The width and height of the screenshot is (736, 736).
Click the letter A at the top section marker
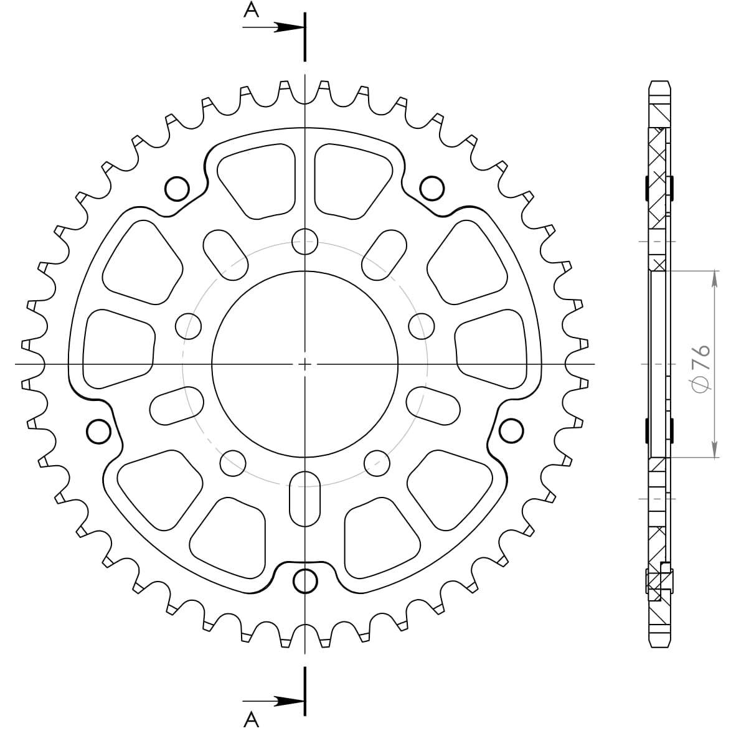tap(252, 9)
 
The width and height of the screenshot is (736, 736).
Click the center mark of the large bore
tap(304, 364)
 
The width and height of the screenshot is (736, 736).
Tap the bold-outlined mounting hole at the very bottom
tap(305, 582)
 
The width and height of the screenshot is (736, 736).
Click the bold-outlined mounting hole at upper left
tap(177, 189)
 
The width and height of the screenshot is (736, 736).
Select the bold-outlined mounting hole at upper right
tap(432, 188)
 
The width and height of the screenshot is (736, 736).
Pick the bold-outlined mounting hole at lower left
tap(99, 432)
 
